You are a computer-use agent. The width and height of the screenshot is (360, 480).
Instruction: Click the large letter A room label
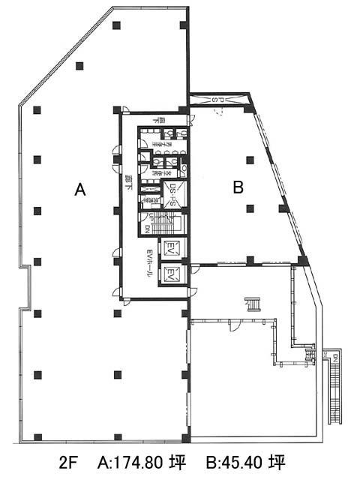[80, 190]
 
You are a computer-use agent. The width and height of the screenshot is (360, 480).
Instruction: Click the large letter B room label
[238, 187]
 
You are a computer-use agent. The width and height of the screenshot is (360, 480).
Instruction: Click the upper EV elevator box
[170, 248]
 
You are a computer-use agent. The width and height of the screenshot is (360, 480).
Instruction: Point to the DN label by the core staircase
[148, 229]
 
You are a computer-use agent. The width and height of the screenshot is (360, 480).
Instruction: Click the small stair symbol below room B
[253, 304]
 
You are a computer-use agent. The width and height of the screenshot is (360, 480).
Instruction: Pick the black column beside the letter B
[250, 159]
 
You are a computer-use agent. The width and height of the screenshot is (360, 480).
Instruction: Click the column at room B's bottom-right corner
[303, 260]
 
